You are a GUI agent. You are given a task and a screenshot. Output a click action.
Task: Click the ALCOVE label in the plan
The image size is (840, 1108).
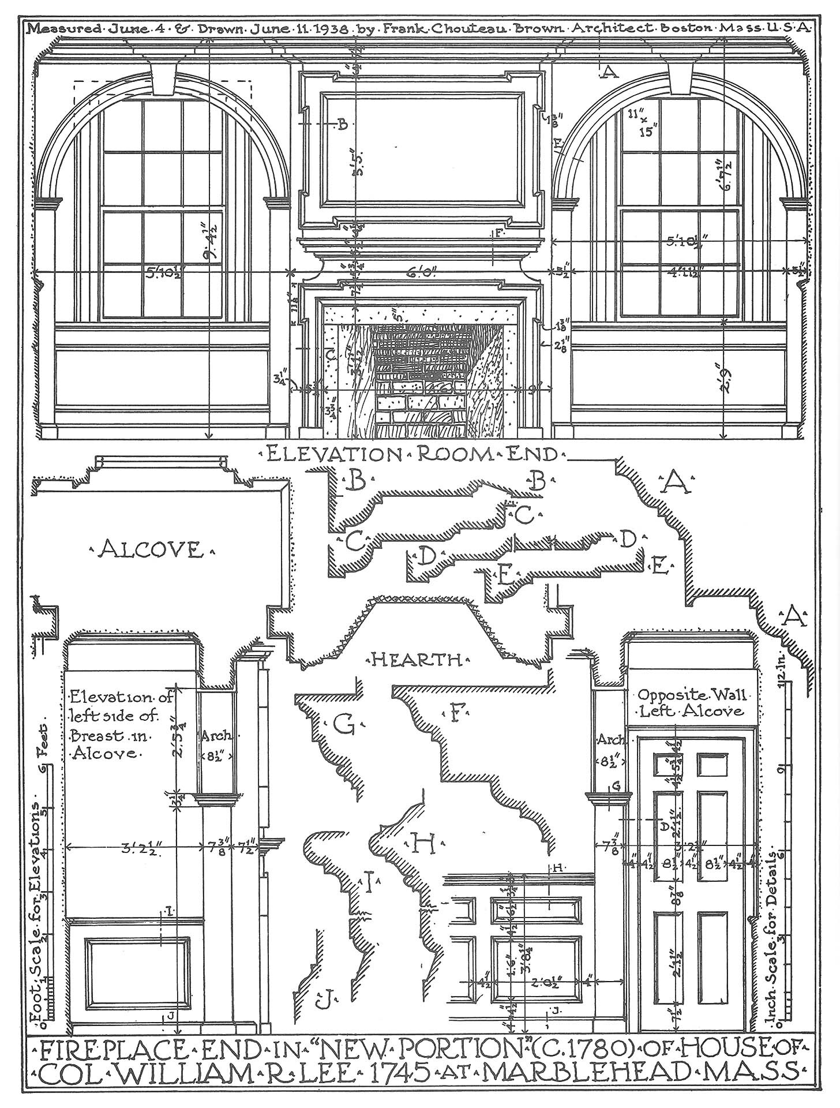pyautogui.click(x=151, y=549)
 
